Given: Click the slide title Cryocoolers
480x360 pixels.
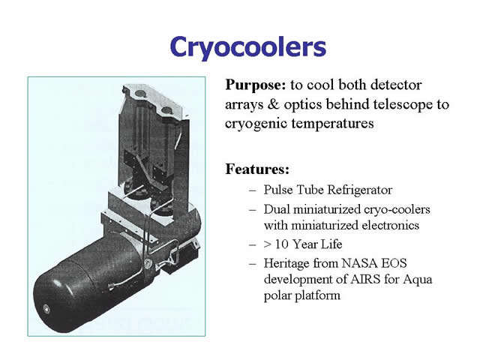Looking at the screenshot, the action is (248, 46).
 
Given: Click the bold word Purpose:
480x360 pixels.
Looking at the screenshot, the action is (255, 85).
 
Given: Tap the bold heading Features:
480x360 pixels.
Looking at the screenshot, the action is (257, 169).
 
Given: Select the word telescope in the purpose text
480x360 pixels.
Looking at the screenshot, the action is (403, 105).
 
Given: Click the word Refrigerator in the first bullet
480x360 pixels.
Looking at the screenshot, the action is (360, 190).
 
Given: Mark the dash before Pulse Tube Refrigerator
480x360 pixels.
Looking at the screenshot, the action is (253, 190).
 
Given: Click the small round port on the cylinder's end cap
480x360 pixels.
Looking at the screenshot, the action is (46, 309).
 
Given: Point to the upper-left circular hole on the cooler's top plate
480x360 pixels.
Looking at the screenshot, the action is (140, 94).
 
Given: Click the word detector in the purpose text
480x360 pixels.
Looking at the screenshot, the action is (396, 85).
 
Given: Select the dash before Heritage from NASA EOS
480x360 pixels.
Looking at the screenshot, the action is (253, 264).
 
